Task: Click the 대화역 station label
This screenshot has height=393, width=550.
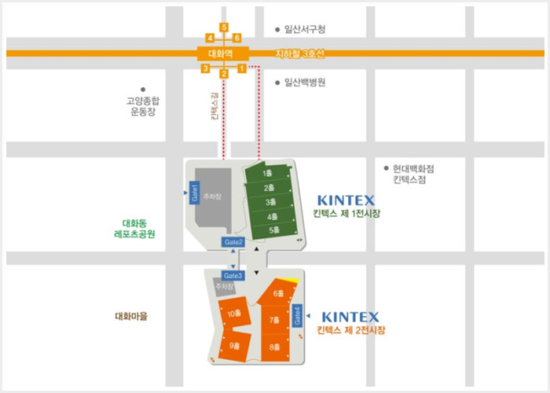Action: pos(222,54)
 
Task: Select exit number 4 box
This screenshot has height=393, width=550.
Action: pos(210,38)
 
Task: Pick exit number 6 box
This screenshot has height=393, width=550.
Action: pos(237,38)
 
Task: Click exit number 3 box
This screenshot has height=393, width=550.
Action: pos(205,69)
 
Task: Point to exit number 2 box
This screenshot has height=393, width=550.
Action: pos(224,74)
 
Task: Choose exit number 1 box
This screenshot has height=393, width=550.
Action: pos(242,69)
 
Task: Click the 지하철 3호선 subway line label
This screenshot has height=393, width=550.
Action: pos(299,53)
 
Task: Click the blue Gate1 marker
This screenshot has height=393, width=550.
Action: pos(193,193)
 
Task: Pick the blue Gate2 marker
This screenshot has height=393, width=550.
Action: pos(234,241)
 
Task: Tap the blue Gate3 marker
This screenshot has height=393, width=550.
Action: pos(233,276)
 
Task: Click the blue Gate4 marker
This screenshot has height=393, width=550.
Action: pos(297,314)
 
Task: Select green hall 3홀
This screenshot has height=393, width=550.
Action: pos(269,202)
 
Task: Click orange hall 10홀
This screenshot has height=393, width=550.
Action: pos(233,314)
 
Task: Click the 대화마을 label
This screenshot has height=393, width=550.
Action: pos(131,317)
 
